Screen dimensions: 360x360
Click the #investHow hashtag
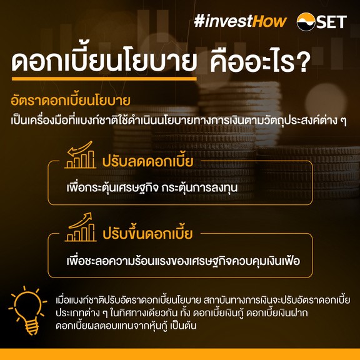(240, 21)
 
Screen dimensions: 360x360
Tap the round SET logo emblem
(306, 22)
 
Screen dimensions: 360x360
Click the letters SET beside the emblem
(332, 22)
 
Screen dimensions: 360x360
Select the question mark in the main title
(303, 61)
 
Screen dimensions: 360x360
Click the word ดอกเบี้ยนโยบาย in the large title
(104, 60)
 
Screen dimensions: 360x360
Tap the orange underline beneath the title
(104, 79)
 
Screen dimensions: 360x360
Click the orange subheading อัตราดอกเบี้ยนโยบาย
(71, 101)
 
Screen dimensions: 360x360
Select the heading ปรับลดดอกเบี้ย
(147, 161)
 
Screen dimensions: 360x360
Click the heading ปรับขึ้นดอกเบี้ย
(147, 234)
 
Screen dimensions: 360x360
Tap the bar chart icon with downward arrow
(80, 154)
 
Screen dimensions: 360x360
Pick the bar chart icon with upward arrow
(81, 227)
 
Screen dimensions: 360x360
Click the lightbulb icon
(27, 310)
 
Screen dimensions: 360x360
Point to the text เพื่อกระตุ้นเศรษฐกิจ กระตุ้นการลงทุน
(152, 187)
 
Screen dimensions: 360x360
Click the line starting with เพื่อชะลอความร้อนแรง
(183, 261)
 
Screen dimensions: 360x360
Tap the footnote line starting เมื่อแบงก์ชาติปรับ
(203, 300)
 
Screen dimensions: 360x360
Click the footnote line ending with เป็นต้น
(126, 326)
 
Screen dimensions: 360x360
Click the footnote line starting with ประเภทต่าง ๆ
(182, 313)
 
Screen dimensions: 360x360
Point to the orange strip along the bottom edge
(180, 354)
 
